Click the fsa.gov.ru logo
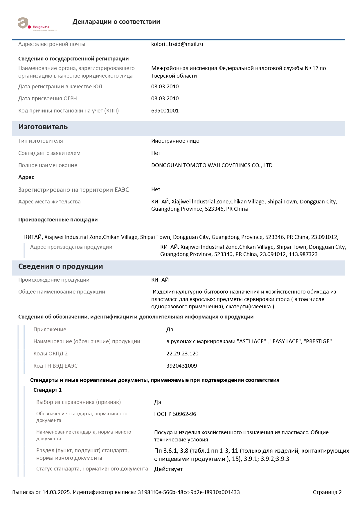tap(37, 24)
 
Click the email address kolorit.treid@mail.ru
tap(177, 44)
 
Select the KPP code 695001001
tap(165, 111)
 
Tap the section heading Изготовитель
tap(43, 127)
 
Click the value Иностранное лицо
tap(175, 141)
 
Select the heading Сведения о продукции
tap(60, 266)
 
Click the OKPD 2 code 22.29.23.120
tap(182, 354)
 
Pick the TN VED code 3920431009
tap(181, 366)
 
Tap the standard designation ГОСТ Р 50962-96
tap(175, 414)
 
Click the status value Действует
tap(168, 469)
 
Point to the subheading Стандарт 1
tap(47, 390)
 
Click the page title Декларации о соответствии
tap(116, 22)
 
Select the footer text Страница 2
tap(327, 492)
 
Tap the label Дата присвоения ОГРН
tap(48, 99)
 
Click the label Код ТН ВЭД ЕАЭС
tap(55, 366)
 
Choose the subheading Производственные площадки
tap(58, 220)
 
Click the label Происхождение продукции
tap(54, 280)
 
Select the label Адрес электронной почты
tap(52, 44)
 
